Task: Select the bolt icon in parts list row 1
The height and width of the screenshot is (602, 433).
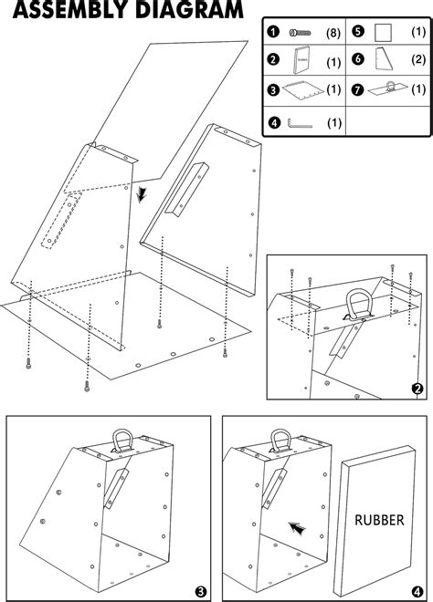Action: pos(297,32)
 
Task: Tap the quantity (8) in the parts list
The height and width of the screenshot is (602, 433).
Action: pos(334,32)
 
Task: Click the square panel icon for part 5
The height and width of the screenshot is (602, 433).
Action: pos(384,32)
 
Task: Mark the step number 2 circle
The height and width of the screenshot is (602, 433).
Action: pos(417,388)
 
